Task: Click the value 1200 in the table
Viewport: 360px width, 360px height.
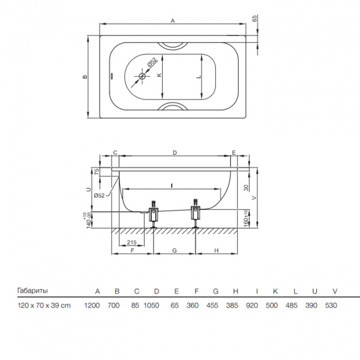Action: [x=92, y=305]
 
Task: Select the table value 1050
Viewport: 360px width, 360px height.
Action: [x=151, y=305]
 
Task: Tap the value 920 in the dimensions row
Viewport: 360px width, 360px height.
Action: [x=251, y=305]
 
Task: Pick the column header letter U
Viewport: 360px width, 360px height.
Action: [x=315, y=292]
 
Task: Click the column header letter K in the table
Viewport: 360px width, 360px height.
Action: [x=275, y=292]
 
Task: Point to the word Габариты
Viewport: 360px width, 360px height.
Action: [x=32, y=290]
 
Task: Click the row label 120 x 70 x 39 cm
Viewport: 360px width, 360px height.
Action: [x=44, y=305]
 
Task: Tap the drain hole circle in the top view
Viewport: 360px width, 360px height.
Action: [x=142, y=76]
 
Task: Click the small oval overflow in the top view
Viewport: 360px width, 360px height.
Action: [x=112, y=76]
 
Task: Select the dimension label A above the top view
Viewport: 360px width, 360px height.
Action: [x=173, y=20]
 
